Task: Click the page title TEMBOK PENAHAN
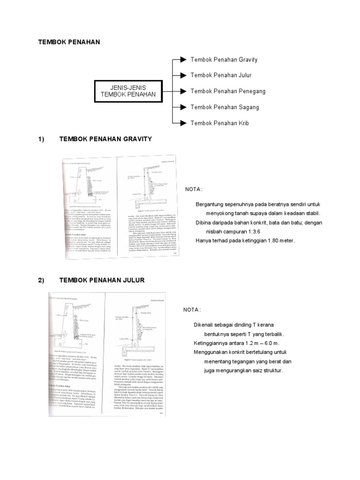[x=69, y=42]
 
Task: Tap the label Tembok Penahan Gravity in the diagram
[x=224, y=60]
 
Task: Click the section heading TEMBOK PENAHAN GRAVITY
[x=106, y=139]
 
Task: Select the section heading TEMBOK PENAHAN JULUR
[x=102, y=280]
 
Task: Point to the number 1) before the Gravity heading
[x=41, y=139]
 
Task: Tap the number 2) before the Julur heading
[x=41, y=280]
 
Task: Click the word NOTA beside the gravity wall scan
[x=194, y=189]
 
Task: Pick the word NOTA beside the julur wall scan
[x=191, y=310]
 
